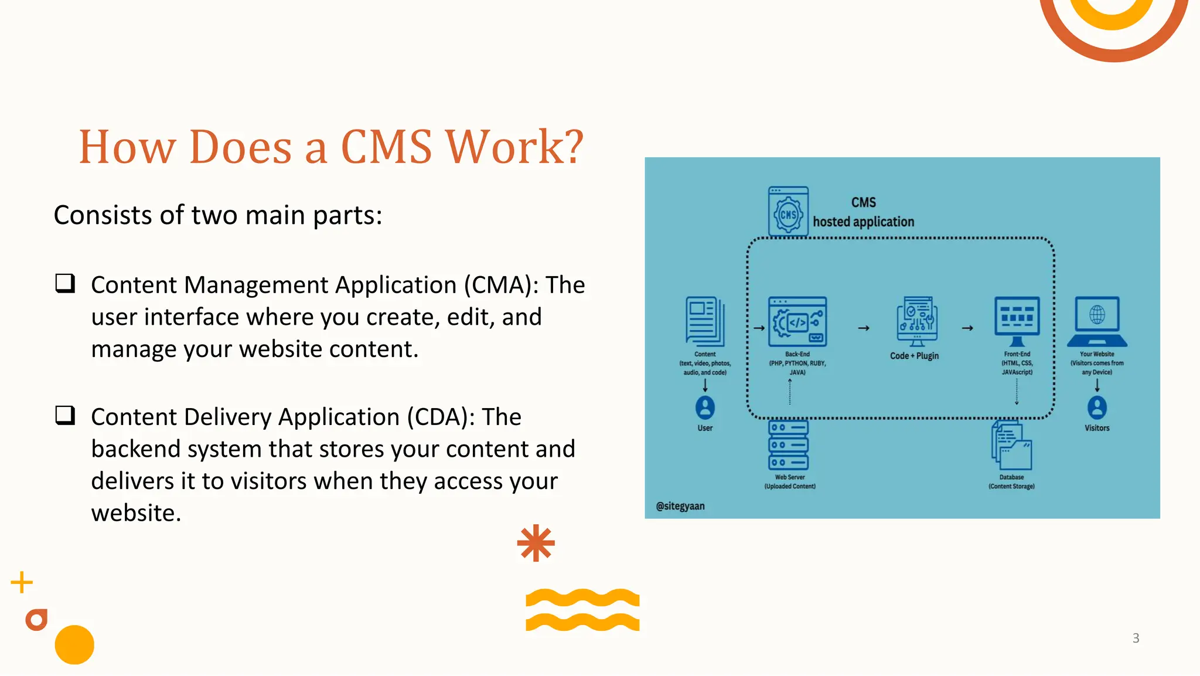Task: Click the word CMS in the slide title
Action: pos(386,147)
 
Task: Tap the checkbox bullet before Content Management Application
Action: pos(65,284)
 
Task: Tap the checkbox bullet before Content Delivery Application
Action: pos(65,416)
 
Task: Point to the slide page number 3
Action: pos(1136,638)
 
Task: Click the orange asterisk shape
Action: pos(536,543)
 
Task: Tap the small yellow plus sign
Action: pos(22,582)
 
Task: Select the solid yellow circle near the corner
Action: pos(74,645)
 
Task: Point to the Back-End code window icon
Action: pos(797,321)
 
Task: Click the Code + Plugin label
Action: pos(914,356)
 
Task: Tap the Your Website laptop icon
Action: pos(1097,321)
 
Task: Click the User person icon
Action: pos(705,407)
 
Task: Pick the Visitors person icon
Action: pos(1097,407)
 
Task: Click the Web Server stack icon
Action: pos(789,445)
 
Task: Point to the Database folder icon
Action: pos(1012,448)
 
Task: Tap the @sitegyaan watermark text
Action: pos(680,506)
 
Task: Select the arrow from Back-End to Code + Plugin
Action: pos(864,328)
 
